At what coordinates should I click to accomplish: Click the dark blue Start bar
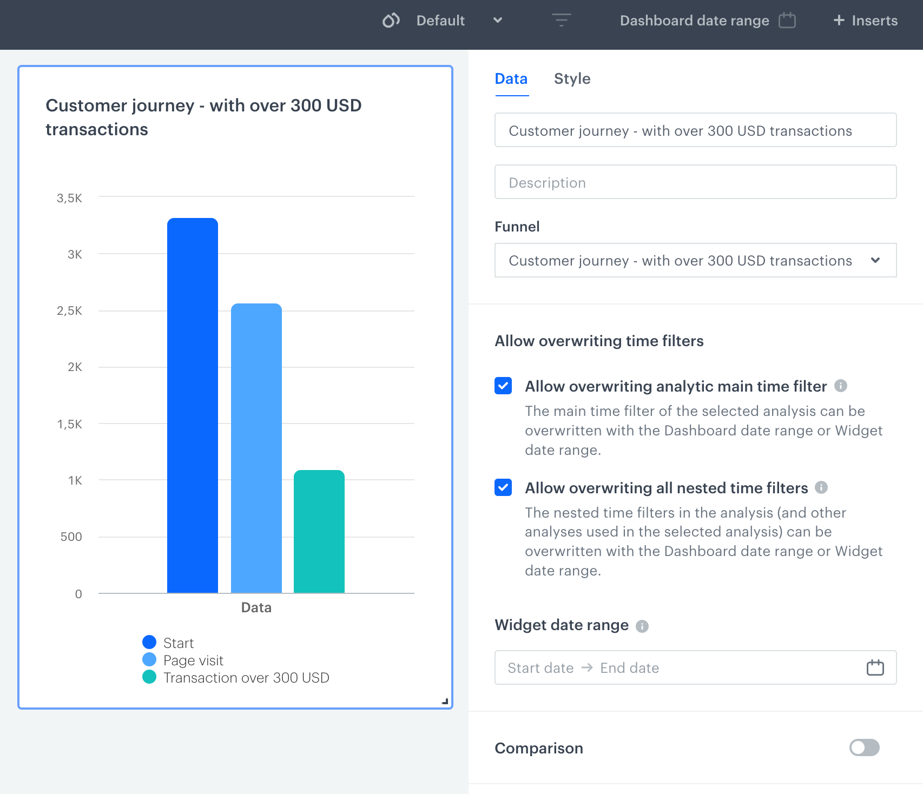click(193, 406)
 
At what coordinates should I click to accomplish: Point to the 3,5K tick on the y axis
click(69, 198)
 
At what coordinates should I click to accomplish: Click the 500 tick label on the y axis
click(71, 537)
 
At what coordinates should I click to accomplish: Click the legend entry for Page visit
click(193, 660)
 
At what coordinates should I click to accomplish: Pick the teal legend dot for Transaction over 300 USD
click(149, 677)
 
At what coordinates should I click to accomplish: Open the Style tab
click(572, 79)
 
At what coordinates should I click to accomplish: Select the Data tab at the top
click(511, 79)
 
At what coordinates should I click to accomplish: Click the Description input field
click(695, 182)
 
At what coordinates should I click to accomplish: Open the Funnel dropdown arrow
click(875, 260)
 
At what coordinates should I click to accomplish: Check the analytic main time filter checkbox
click(503, 386)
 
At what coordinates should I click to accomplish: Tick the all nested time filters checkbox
click(503, 487)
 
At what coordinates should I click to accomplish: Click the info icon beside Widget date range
click(642, 626)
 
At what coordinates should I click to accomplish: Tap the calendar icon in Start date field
click(875, 668)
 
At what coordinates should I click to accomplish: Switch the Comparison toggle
click(864, 747)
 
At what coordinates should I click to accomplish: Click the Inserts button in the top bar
click(865, 21)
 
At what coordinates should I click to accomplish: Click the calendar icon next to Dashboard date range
click(787, 21)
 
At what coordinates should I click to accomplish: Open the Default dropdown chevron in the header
click(498, 21)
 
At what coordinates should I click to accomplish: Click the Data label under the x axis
click(256, 607)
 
